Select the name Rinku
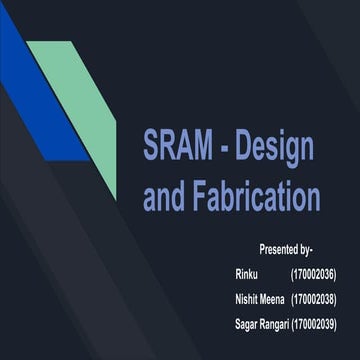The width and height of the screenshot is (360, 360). click(x=247, y=273)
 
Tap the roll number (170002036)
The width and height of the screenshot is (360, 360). click(x=313, y=273)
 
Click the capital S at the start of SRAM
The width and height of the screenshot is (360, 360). click(x=153, y=146)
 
